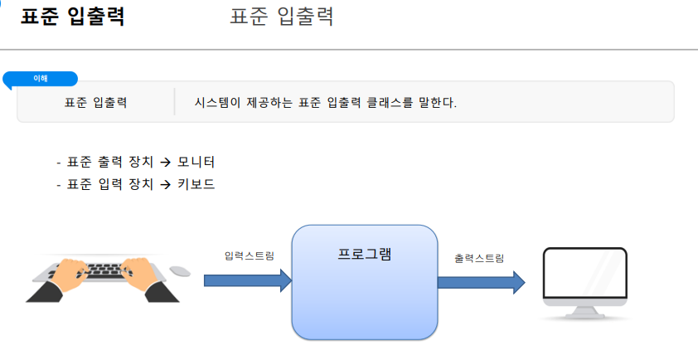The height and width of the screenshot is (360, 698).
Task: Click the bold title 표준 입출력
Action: [x=73, y=17]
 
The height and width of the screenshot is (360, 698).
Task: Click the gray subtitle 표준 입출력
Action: [x=282, y=17]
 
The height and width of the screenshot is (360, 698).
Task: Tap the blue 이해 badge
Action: [x=41, y=79]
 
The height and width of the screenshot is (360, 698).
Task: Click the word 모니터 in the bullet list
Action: [x=196, y=161]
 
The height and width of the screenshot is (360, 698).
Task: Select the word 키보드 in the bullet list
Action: [x=196, y=184]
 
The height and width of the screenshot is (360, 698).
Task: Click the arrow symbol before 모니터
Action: [x=165, y=162]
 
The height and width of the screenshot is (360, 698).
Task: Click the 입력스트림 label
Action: [x=249, y=255]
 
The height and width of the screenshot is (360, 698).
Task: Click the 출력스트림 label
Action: [x=478, y=258]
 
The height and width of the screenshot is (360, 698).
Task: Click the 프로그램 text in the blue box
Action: [x=364, y=254]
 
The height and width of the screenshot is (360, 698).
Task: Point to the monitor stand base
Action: [x=583, y=315]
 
